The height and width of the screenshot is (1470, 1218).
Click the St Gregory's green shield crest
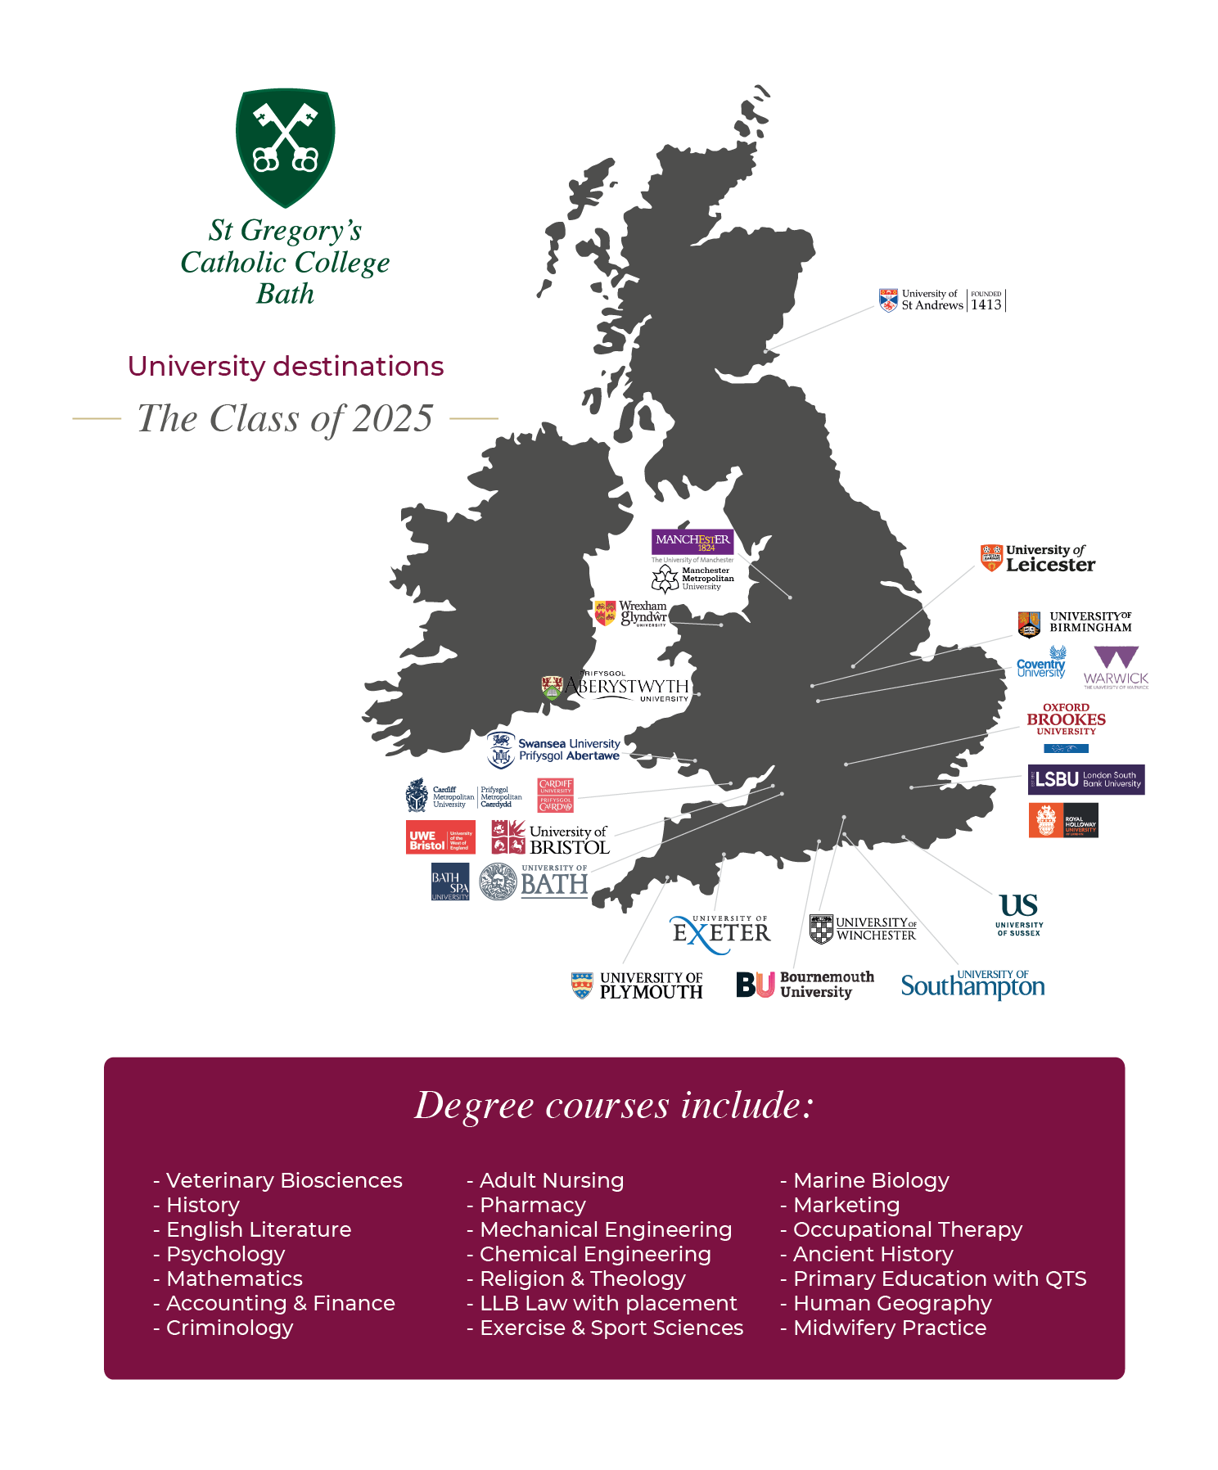click(x=285, y=147)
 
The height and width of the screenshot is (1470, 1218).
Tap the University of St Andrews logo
click(x=941, y=300)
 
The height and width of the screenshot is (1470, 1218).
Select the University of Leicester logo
click(x=1038, y=558)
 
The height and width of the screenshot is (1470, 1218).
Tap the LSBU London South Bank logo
click(x=1086, y=780)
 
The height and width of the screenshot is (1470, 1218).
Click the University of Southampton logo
click(x=972, y=985)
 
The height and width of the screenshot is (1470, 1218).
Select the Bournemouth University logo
click(x=805, y=985)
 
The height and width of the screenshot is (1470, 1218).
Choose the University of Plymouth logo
click(x=638, y=985)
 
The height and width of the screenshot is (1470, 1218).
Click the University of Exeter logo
click(x=720, y=934)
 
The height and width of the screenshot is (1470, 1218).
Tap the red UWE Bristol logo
click(x=440, y=837)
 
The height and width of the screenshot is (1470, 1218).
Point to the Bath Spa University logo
click(x=450, y=882)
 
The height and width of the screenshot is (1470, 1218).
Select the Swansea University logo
click(x=555, y=750)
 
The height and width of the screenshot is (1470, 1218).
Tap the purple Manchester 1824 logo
click(x=692, y=542)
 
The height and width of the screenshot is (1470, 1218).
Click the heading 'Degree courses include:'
click(x=614, y=1105)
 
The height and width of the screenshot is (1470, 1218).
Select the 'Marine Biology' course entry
click(x=871, y=1180)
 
